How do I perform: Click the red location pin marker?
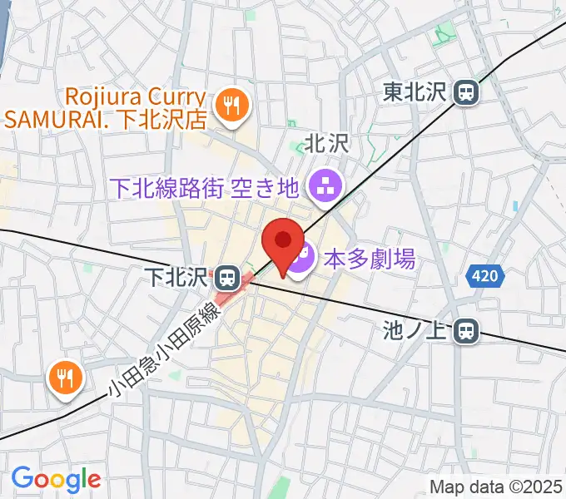pos(282,243)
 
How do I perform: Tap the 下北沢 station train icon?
pos(226,274)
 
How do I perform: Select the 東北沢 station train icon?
pos(467,93)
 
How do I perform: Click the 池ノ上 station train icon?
pos(467,331)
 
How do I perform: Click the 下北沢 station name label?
pos(177,274)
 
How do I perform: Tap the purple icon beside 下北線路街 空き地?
pos(320,187)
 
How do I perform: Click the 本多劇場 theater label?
pos(369,260)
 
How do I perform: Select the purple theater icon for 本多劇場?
pos(301,260)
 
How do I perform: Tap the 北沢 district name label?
pos(325,144)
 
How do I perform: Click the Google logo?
pos(56,479)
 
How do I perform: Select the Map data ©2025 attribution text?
pos(497,486)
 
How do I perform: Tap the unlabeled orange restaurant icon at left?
pos(64,378)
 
